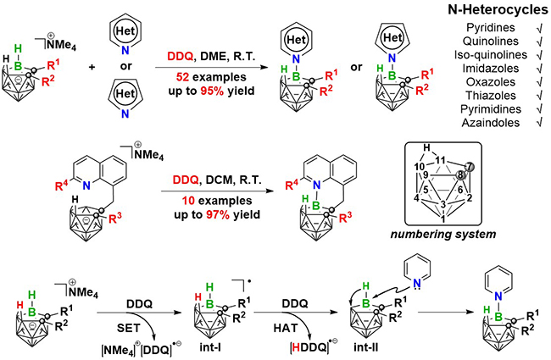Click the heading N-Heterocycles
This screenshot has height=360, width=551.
point(498,9)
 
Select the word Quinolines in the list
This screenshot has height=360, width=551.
point(490,42)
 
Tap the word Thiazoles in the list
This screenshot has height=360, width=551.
point(491,96)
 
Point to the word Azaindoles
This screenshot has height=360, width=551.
point(490,123)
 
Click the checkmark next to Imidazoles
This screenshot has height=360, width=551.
point(539,69)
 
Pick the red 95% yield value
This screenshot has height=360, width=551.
point(212,91)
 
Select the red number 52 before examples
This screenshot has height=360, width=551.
point(183,77)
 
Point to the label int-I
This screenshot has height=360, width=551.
point(209,347)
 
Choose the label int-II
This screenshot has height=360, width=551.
point(365,347)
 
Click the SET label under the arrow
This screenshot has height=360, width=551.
point(128,328)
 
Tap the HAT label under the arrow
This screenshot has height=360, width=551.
point(286,328)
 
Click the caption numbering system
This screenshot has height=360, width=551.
point(443,235)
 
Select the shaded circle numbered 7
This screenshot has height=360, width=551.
point(471,166)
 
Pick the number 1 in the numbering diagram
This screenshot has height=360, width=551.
point(443,219)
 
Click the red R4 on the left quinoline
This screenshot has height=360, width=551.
point(63,186)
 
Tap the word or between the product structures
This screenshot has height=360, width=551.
point(356,67)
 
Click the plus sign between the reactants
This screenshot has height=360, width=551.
point(92,66)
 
